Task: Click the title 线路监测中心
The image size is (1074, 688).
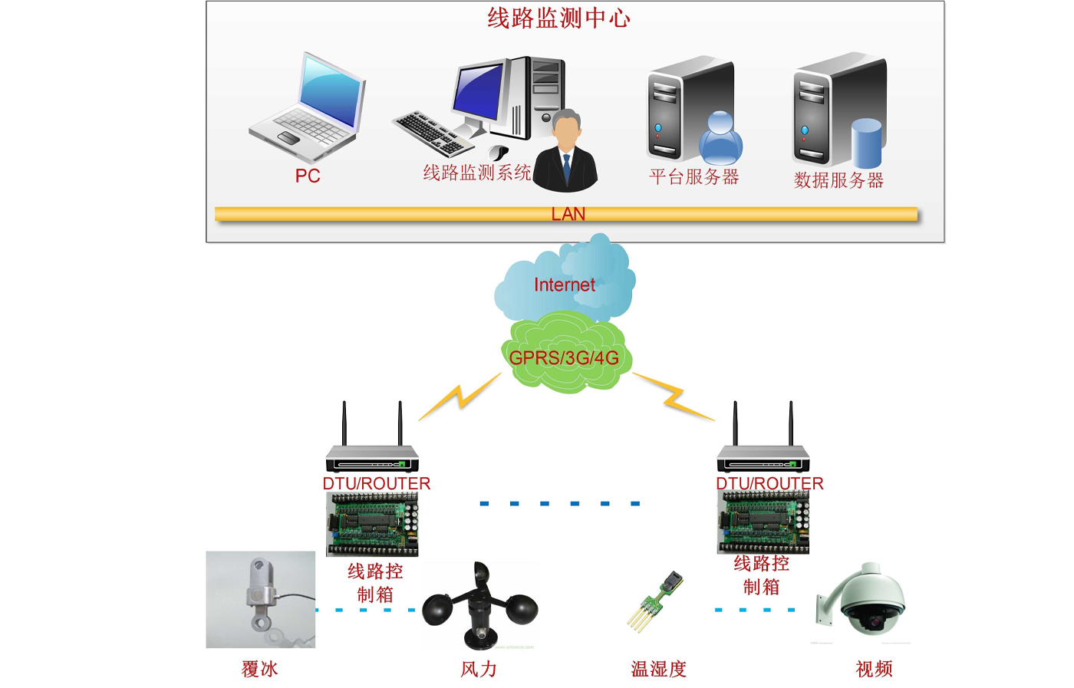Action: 558,18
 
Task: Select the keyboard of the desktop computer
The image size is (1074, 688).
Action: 432,132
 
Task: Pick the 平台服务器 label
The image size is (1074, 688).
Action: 693,177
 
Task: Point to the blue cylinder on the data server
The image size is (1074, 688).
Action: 866,143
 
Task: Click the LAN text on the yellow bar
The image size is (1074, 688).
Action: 568,214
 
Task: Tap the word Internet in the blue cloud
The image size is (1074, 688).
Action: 565,285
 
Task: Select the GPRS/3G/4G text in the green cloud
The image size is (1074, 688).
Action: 564,358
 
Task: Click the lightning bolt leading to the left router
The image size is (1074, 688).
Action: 460,396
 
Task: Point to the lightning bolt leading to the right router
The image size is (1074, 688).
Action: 674,396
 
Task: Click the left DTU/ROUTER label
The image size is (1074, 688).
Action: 376,483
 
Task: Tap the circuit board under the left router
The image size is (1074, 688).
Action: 373,524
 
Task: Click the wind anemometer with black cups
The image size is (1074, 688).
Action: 481,606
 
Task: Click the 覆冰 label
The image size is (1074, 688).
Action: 259,670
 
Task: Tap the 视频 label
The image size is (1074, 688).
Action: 874,670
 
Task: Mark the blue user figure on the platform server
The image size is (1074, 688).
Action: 720,138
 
